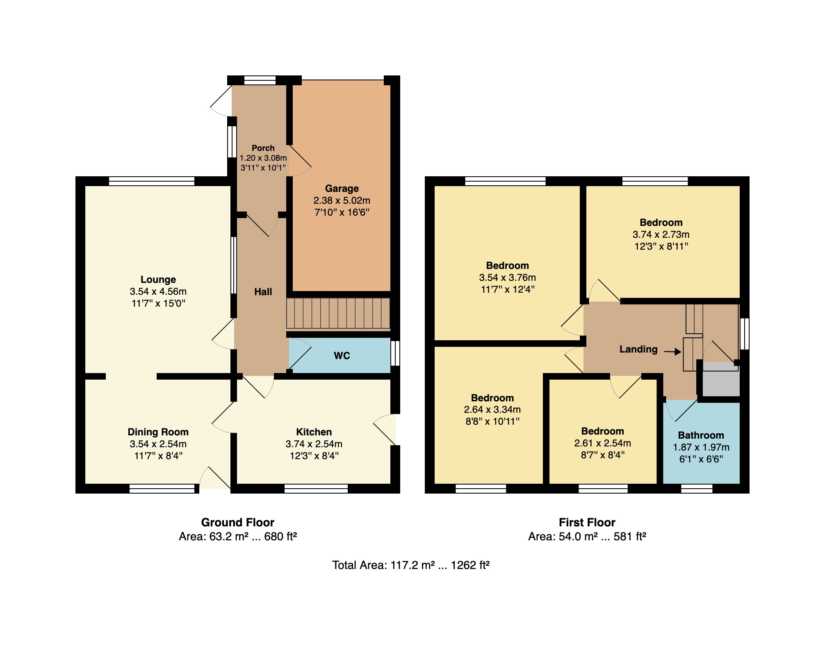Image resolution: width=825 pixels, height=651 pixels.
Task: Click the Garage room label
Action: (342, 189)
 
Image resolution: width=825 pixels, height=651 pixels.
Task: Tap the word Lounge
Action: (158, 280)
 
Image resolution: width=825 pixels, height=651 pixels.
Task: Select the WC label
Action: (342, 356)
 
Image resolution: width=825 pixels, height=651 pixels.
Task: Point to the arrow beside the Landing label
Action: (672, 352)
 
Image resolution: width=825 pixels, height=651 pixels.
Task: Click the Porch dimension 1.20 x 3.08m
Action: (263, 158)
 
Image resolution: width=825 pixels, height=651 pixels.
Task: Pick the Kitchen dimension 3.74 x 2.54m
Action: (314, 444)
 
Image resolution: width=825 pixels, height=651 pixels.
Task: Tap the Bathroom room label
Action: (701, 435)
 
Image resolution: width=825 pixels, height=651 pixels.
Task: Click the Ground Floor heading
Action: (238, 522)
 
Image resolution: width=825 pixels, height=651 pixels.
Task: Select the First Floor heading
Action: (587, 522)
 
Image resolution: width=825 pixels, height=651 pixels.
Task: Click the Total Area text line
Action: (411, 565)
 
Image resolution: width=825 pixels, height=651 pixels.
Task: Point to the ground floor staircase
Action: (338, 314)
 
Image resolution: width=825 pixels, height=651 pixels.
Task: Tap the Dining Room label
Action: (158, 432)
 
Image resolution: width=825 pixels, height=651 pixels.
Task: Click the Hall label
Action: (263, 292)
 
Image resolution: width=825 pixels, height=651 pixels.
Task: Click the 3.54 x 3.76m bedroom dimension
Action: (508, 278)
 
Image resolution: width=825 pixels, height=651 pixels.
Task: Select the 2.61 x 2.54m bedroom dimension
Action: (603, 443)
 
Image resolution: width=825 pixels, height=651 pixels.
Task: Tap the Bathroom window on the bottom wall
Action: (697, 489)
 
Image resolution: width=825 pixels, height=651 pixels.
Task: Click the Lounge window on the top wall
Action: (151, 181)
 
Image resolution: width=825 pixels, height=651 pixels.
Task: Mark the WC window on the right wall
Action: (395, 353)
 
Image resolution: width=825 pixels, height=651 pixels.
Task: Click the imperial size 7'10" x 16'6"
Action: (342, 212)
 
